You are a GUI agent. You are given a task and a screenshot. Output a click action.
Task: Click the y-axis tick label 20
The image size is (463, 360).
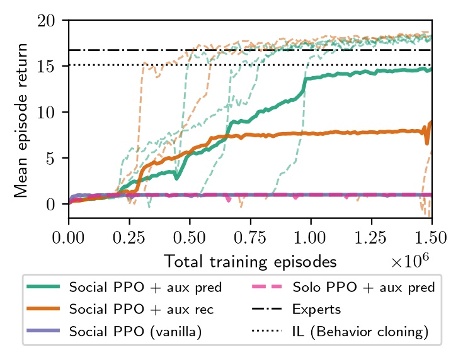click(x=53, y=21)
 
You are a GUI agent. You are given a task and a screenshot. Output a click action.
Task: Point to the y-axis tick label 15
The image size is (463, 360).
click(x=53, y=66)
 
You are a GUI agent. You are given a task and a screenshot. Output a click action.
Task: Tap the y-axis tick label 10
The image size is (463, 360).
click(x=53, y=112)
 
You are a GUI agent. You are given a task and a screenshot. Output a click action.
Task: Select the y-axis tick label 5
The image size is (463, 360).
click(x=57, y=158)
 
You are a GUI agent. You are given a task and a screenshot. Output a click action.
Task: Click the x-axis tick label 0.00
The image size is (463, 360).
click(x=69, y=239)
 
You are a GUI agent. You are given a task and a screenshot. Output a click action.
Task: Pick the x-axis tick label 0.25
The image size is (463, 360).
click(x=129, y=239)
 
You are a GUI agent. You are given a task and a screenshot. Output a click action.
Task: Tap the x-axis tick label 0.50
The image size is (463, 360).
click(x=190, y=239)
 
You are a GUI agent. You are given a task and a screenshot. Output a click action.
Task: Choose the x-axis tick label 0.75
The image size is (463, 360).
click(x=250, y=239)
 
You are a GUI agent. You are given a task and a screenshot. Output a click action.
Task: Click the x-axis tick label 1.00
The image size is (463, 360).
click(x=311, y=239)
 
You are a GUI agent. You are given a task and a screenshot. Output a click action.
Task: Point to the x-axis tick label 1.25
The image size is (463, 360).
click(x=371, y=239)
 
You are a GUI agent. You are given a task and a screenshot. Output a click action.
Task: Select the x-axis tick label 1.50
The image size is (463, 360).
click(x=432, y=239)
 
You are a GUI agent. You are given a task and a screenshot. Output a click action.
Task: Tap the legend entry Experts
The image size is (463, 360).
click(x=316, y=309)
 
